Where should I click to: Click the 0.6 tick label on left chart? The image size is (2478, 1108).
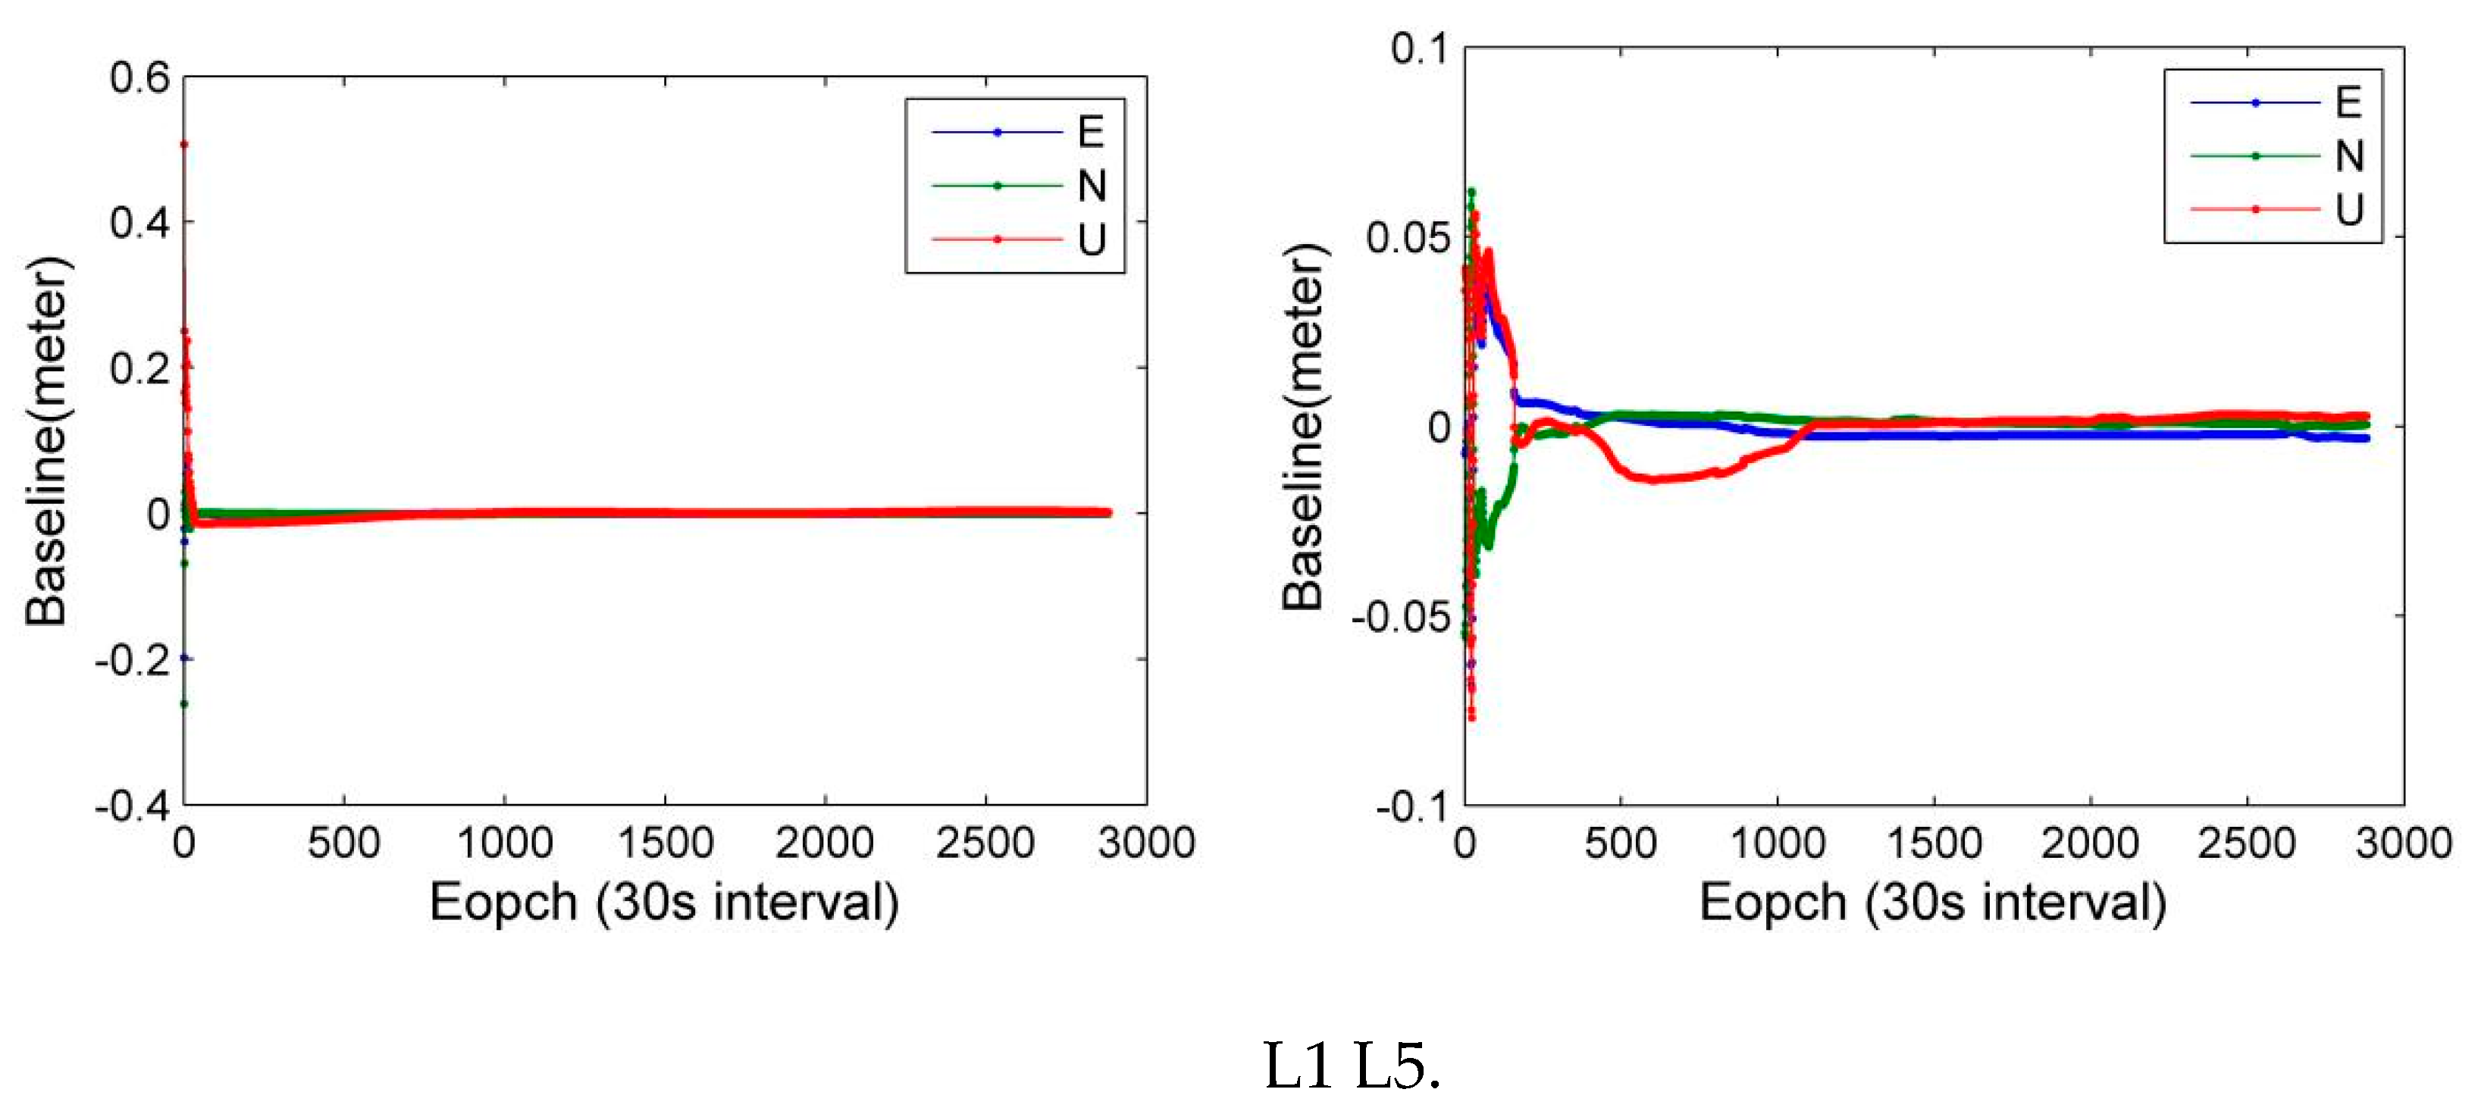(x=139, y=78)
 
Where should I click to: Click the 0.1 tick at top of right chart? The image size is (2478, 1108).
(x=1419, y=48)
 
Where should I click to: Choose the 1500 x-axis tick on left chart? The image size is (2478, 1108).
(x=665, y=844)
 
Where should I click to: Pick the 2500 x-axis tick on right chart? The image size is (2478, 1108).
(x=2246, y=844)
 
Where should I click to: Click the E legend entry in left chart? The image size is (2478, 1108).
(x=1090, y=132)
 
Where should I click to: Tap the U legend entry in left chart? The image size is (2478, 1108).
(x=1091, y=239)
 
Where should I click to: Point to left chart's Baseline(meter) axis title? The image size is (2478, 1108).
(x=46, y=442)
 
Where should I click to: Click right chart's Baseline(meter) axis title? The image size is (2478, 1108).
(x=1305, y=426)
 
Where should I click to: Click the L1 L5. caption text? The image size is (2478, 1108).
(x=1352, y=1066)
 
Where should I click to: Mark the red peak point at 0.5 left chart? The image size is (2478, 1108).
(x=183, y=144)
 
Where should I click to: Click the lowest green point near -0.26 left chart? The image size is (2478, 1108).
(x=183, y=704)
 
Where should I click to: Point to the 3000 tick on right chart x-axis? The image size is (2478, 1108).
(x=2402, y=844)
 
